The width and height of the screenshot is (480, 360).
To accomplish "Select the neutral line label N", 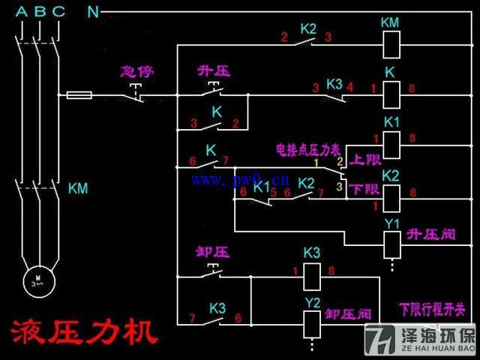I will (93, 11).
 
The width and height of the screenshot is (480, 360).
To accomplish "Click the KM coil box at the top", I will (389, 46).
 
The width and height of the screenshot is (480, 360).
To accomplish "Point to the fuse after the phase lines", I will (80, 95).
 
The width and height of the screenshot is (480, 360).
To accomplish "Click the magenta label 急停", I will (136, 73).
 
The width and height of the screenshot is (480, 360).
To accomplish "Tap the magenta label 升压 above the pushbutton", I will (213, 72).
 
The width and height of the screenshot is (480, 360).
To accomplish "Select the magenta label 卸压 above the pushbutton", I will (212, 253).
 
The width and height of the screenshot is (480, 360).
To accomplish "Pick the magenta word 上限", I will (367, 159).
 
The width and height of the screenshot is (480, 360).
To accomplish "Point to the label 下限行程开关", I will (432, 308).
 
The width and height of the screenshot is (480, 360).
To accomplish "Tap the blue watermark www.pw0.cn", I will (240, 180).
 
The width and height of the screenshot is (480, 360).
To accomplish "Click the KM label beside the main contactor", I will (78, 188).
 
